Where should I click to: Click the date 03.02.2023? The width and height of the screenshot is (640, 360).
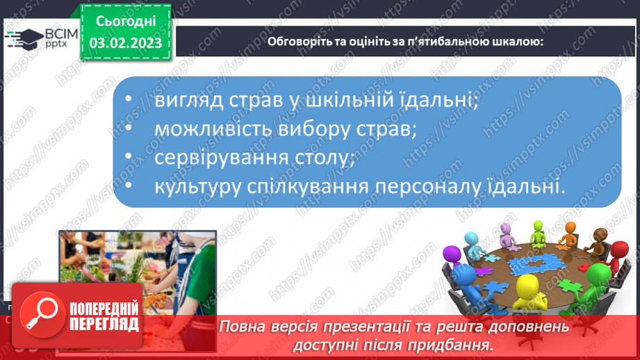tap(126, 43)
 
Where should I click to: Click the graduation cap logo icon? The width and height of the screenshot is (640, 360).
tap(24, 40)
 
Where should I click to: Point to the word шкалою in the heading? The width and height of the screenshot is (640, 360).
tap(514, 41)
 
